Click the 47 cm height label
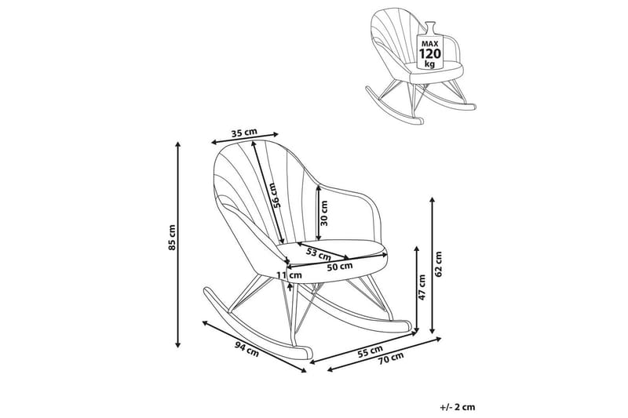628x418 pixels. (x=422, y=287)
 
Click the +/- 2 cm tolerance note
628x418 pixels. (x=458, y=406)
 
